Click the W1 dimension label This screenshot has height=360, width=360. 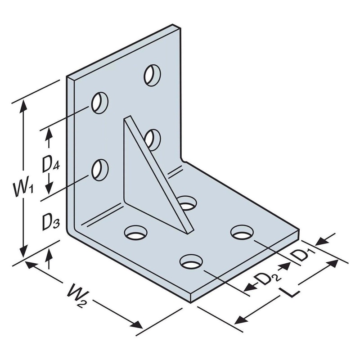click(x=23, y=189)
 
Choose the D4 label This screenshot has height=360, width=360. click(x=51, y=165)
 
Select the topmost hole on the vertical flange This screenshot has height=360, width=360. click(x=152, y=74)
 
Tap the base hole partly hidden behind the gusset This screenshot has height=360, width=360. click(x=187, y=203)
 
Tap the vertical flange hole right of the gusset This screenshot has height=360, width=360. click(x=153, y=138)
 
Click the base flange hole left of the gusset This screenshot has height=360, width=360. click(x=135, y=234)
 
